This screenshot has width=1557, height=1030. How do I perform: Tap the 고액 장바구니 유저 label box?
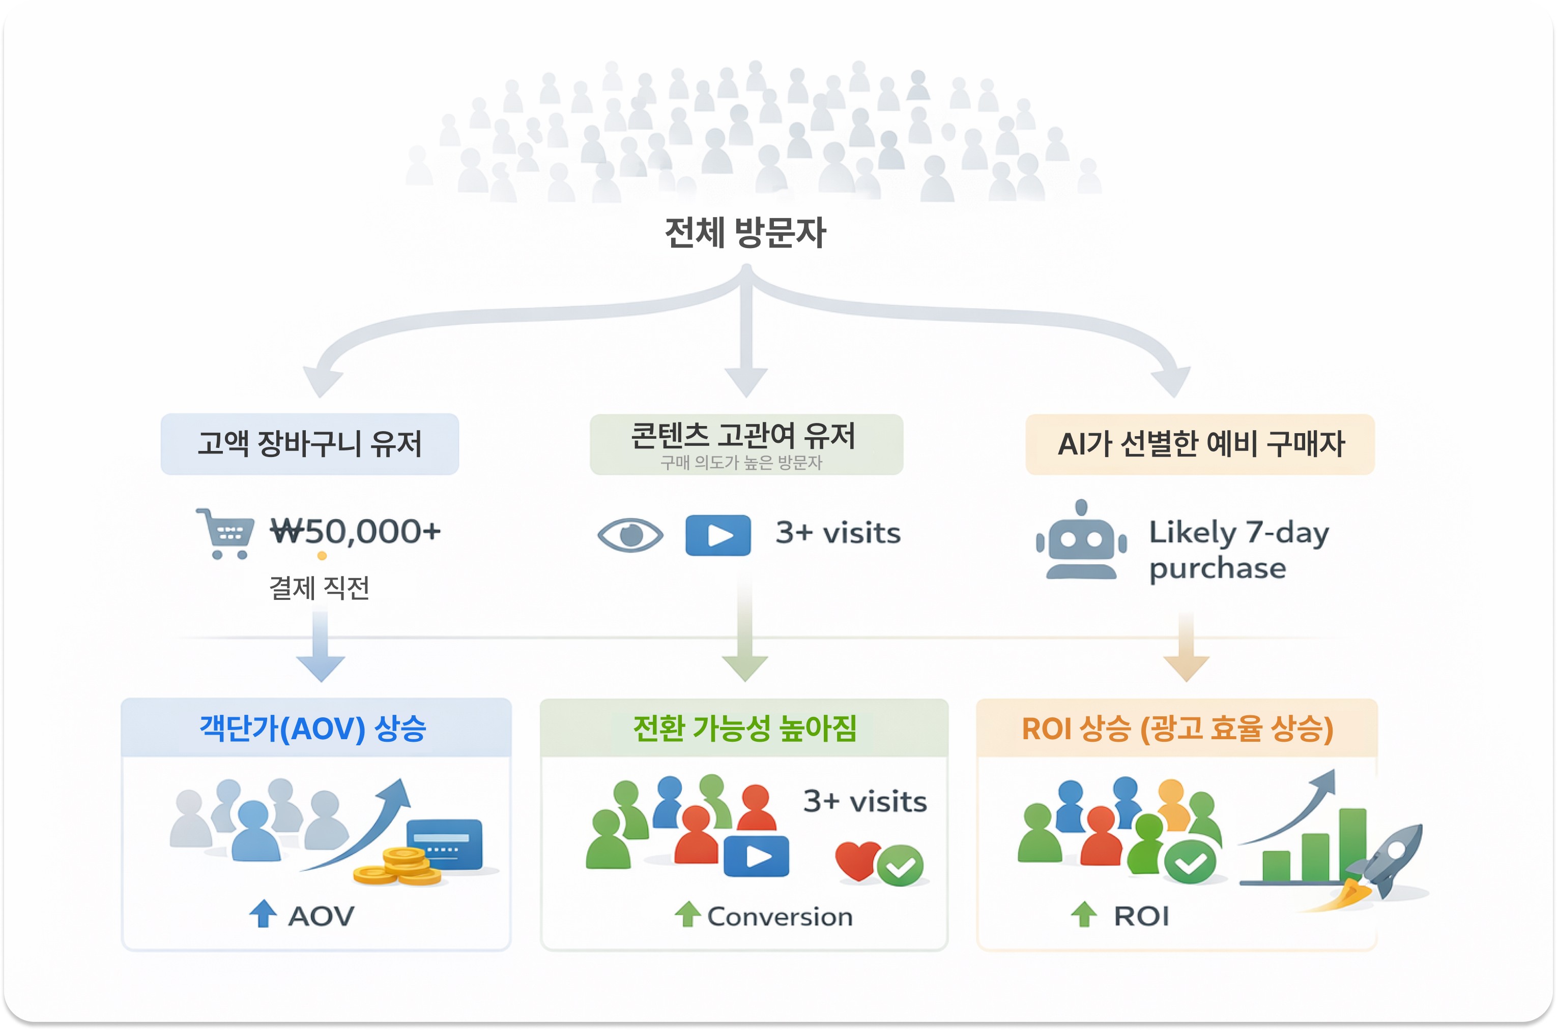(309, 443)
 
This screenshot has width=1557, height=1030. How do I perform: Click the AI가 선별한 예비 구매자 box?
(1200, 444)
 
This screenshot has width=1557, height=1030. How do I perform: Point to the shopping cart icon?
(226, 533)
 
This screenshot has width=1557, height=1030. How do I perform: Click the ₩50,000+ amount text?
(356, 531)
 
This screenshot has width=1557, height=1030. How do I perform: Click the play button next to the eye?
(718, 535)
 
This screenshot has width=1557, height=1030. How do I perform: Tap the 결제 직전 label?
(320, 588)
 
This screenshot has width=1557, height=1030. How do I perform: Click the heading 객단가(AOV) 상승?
(313, 729)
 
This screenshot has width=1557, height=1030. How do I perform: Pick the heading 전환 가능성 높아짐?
(744, 729)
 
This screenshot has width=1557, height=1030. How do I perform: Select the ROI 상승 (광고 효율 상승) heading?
(1177, 729)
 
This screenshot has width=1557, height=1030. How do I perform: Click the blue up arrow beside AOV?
(263, 914)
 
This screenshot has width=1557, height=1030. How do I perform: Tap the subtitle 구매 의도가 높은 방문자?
(741, 463)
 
